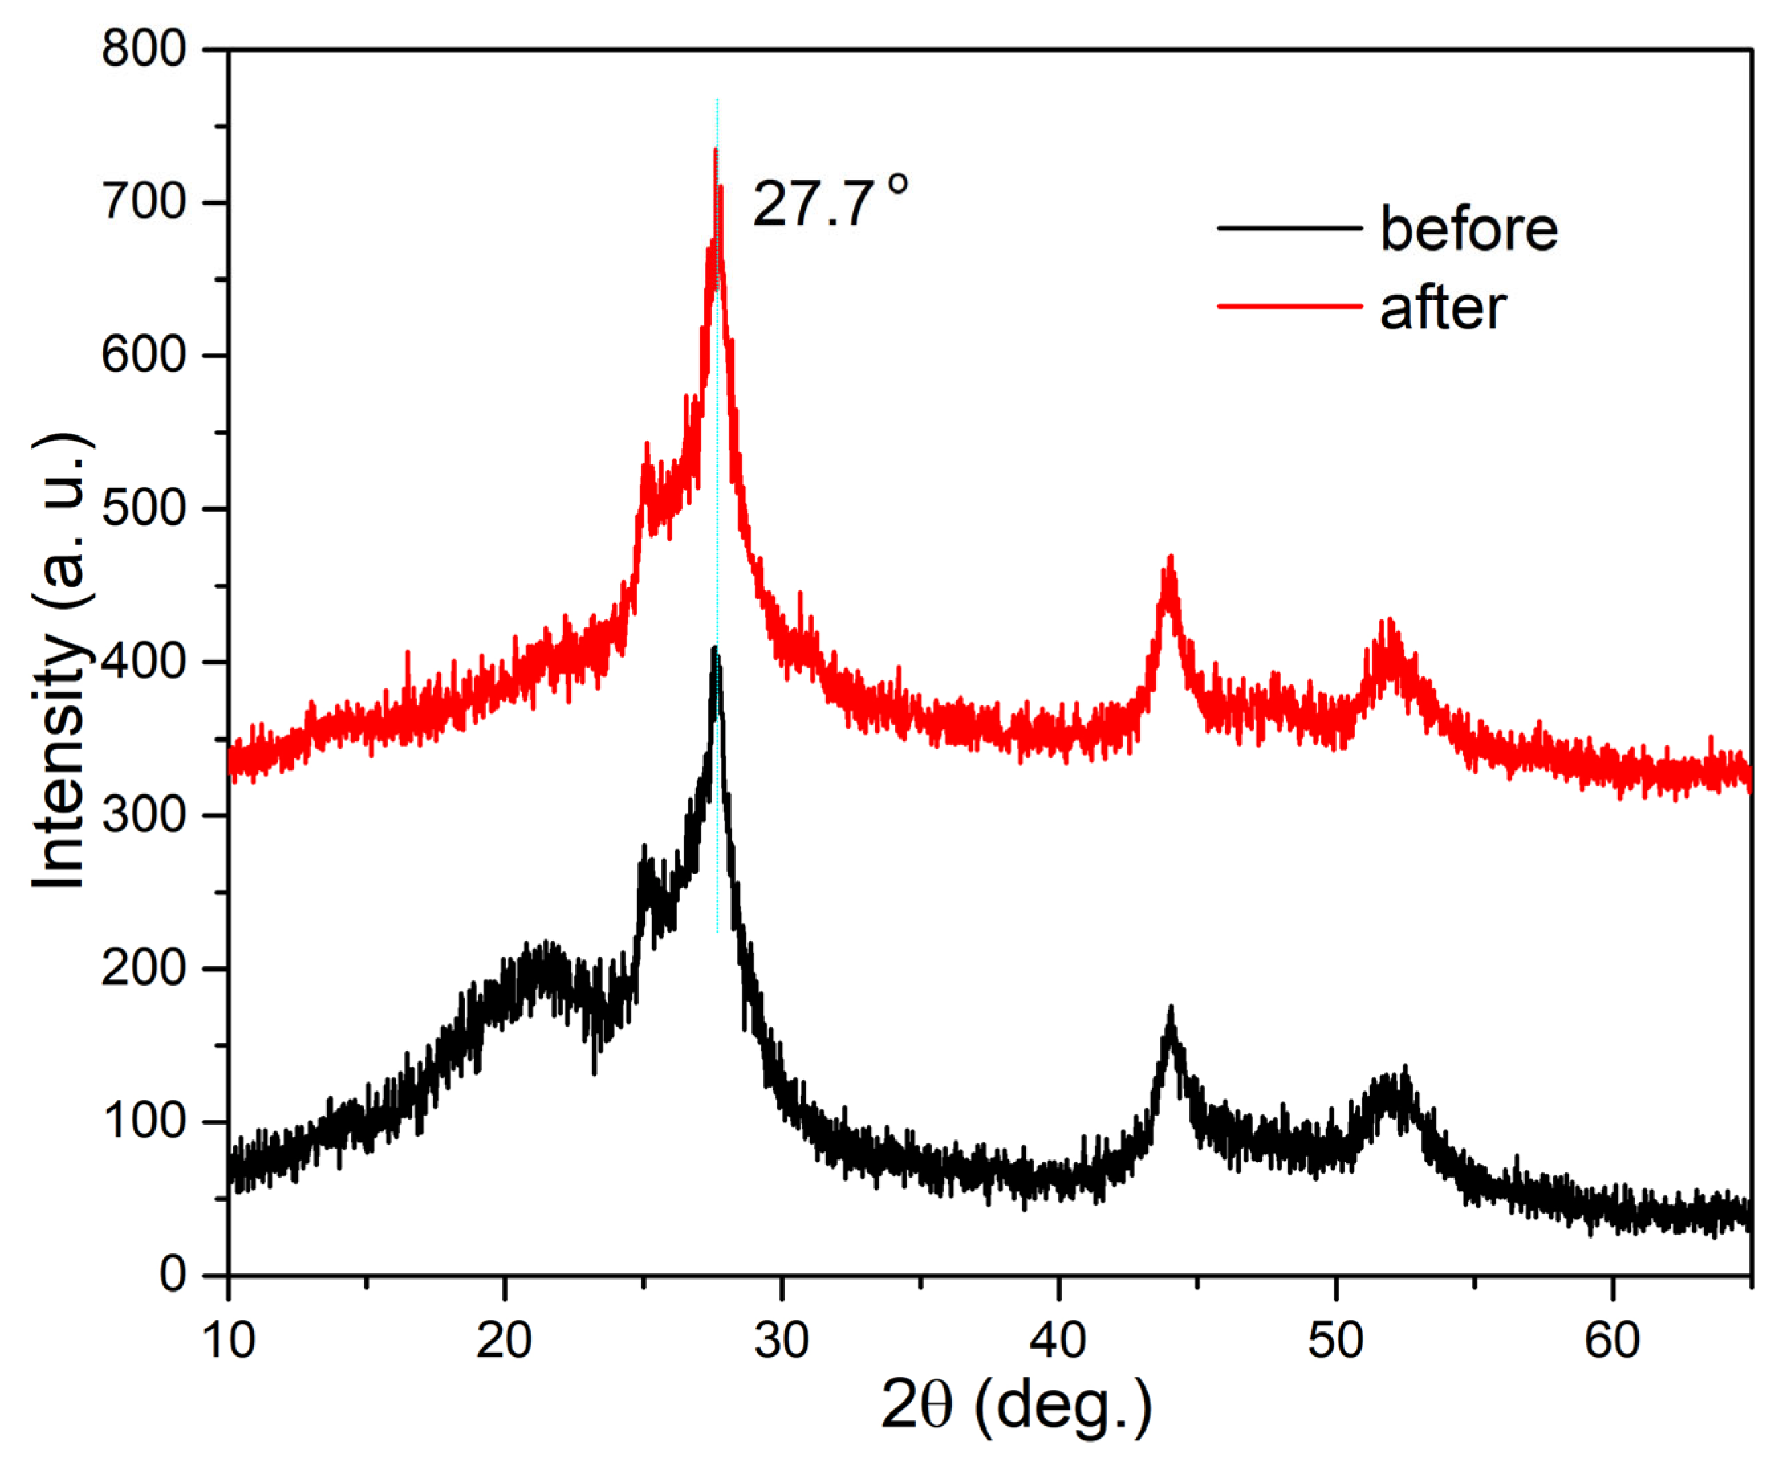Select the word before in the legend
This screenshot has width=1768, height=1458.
[x=1468, y=229]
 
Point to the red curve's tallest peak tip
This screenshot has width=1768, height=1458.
[x=715, y=151]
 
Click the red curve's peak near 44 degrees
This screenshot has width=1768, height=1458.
[x=1170, y=559]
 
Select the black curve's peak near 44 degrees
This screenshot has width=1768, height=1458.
[x=1170, y=1008]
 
